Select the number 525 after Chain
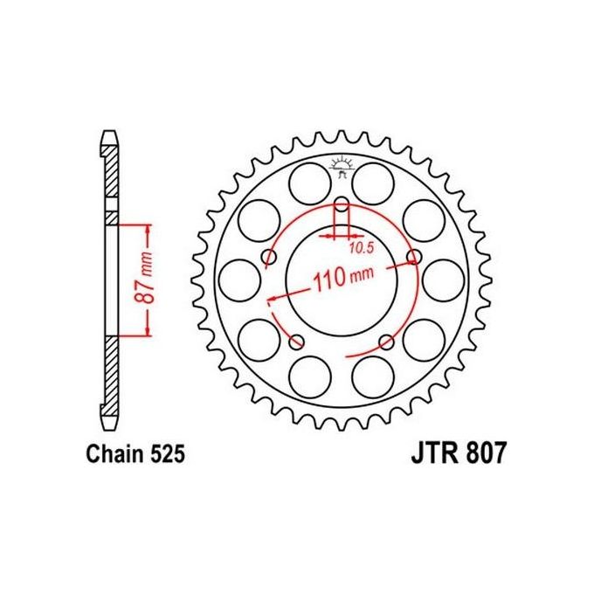point(165,455)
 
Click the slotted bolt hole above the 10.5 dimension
point(341,213)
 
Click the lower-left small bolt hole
point(296,341)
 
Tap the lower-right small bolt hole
point(385,341)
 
